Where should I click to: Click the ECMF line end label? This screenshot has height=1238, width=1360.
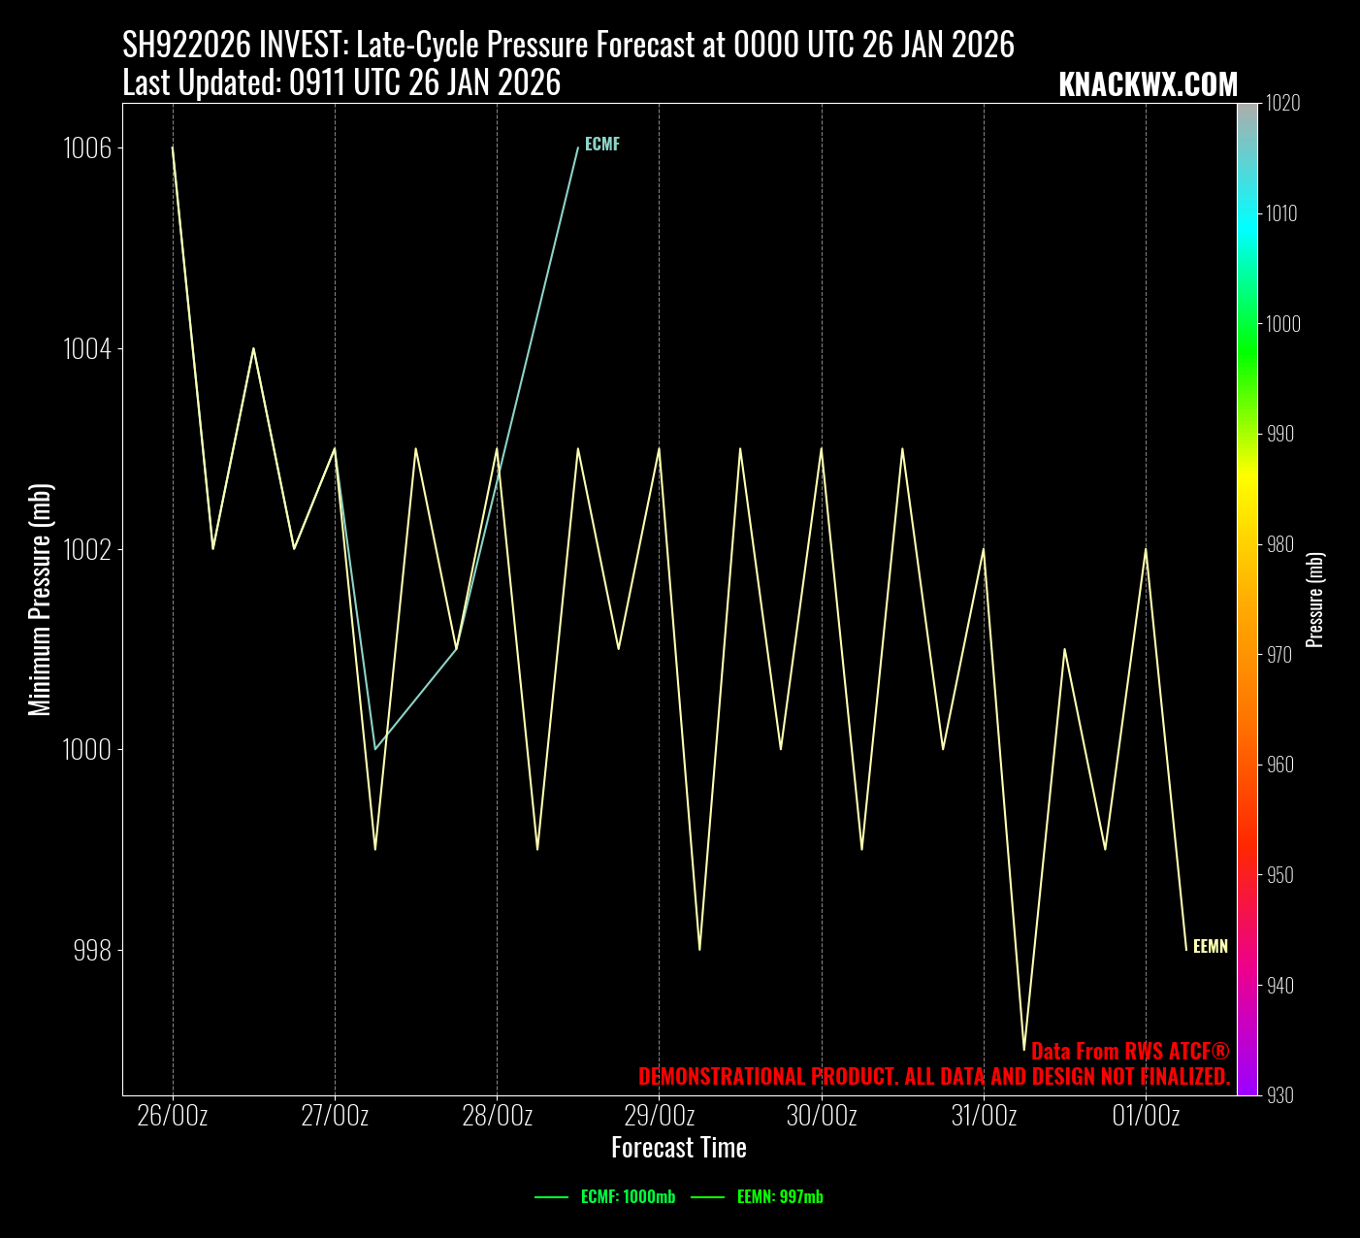(x=601, y=145)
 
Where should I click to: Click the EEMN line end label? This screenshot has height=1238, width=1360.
(x=1210, y=947)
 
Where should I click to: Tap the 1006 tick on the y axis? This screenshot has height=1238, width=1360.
(x=86, y=148)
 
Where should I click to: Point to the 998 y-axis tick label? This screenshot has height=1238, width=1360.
(x=92, y=950)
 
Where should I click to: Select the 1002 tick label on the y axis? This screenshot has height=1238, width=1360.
(x=86, y=549)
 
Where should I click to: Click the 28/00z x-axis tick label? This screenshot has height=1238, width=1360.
(x=497, y=1116)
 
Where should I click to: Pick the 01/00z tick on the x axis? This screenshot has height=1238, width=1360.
(x=1146, y=1116)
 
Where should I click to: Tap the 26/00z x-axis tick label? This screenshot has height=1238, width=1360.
(x=173, y=1116)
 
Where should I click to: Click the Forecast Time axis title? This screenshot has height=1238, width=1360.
(x=679, y=1148)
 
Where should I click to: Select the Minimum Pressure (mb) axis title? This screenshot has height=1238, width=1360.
(x=40, y=600)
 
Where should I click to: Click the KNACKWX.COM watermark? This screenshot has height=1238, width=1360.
(x=1148, y=84)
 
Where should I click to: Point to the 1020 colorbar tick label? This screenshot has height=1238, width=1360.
(x=1282, y=103)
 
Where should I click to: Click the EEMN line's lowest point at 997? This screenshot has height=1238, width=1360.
(x=1024, y=1050)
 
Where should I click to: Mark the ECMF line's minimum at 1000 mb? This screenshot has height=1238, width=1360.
(x=375, y=749)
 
